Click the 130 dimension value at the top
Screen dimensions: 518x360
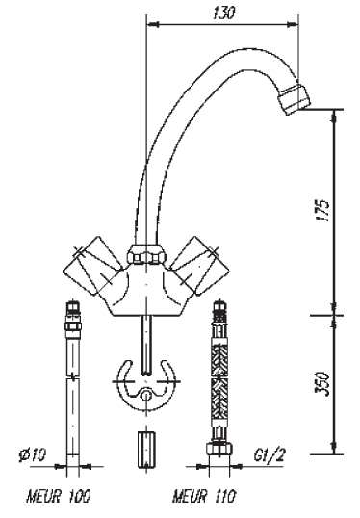[224, 13]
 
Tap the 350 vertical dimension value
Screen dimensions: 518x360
[322, 384]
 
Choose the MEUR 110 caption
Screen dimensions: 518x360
[203, 498]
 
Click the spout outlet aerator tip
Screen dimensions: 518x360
[294, 97]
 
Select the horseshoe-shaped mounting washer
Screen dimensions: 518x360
[143, 384]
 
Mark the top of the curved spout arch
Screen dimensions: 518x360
[221, 48]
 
